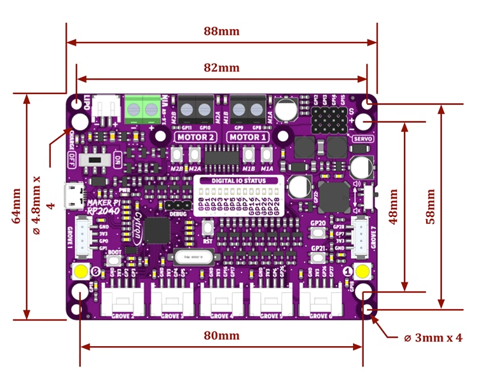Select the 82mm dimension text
221,68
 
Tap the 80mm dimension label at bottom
221,335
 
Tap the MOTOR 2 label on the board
195,137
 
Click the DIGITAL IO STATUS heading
238,181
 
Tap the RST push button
207,228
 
